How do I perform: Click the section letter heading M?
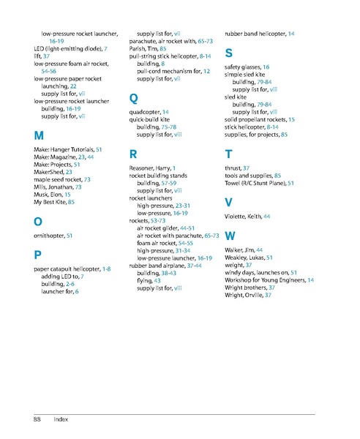38,136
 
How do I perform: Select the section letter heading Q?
133,97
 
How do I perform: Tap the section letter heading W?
230,236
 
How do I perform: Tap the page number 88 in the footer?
36,419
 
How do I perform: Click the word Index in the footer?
61,419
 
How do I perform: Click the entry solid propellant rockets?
260,119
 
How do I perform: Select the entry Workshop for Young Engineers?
269,280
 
